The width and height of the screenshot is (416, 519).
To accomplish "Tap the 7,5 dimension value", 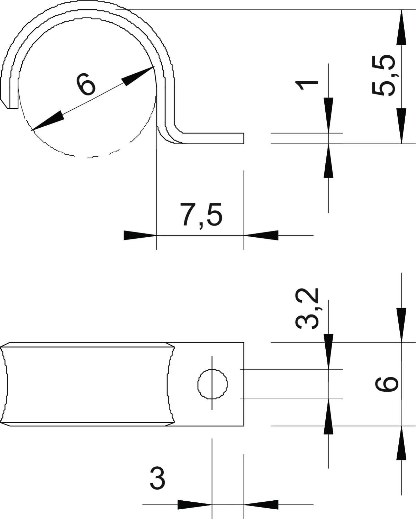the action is [x=201, y=215].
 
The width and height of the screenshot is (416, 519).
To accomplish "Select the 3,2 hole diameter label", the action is [x=307, y=308].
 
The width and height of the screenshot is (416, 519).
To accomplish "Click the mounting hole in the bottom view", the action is [x=212, y=384].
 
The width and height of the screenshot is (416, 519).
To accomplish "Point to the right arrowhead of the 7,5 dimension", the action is [x=261, y=235].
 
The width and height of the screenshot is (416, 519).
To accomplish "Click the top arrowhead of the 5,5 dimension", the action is [x=401, y=27].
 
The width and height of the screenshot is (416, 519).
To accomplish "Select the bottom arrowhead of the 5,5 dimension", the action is [x=401, y=126].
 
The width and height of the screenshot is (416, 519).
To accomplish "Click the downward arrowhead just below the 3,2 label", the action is [x=328, y=352].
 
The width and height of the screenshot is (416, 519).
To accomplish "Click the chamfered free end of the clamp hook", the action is [x=9, y=101].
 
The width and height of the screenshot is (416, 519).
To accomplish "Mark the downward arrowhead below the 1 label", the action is [x=328, y=115].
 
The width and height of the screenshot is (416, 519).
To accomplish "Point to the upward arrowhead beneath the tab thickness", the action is [x=328, y=161].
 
